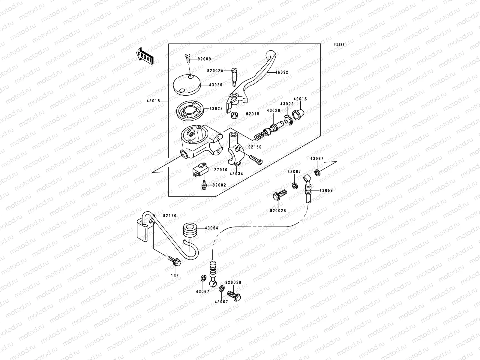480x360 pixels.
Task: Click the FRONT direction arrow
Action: pyautogui.click(x=145, y=56)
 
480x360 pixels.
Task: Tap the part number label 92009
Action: pyautogui.click(x=205, y=59)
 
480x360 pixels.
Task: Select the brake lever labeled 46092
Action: pyautogui.click(x=251, y=81)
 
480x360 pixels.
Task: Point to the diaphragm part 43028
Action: pyautogui.click(x=190, y=111)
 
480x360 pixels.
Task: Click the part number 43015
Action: pyautogui.click(x=153, y=101)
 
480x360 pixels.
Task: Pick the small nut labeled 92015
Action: pyautogui.click(x=234, y=115)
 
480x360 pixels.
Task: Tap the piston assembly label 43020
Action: pyautogui.click(x=273, y=111)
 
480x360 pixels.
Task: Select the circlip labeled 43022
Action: pyautogui.click(x=288, y=120)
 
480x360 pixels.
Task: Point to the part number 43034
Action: pyautogui.click(x=236, y=174)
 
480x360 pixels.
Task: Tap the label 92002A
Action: pyautogui.click(x=215, y=70)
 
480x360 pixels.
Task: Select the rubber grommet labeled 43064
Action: pyautogui.click(x=190, y=230)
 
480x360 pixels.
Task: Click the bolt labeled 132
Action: pyautogui.click(x=174, y=261)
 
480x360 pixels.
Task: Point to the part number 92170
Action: pyautogui.click(x=170, y=216)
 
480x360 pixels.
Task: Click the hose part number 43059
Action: pyautogui.click(x=326, y=190)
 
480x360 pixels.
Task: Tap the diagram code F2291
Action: pyautogui.click(x=339, y=44)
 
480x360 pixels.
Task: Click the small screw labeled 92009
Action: pyautogui.click(x=187, y=58)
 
